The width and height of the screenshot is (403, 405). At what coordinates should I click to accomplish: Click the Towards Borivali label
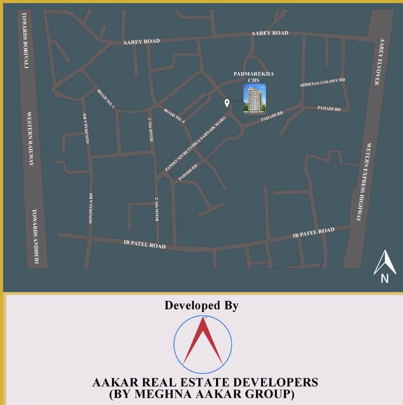click(x=25, y=40)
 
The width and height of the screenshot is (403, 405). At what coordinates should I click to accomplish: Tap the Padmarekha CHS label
click(x=254, y=77)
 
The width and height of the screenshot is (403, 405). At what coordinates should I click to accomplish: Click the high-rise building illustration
click(x=255, y=99)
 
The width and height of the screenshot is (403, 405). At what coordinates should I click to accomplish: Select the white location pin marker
click(x=227, y=103)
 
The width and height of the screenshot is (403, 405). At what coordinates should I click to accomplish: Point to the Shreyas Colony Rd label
click(x=323, y=82)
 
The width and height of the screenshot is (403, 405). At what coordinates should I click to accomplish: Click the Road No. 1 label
click(x=106, y=99)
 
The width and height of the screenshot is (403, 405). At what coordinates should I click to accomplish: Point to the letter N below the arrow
click(x=385, y=279)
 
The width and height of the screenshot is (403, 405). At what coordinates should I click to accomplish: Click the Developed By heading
click(x=201, y=305)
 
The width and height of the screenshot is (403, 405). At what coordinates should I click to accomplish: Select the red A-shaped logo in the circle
click(x=203, y=341)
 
